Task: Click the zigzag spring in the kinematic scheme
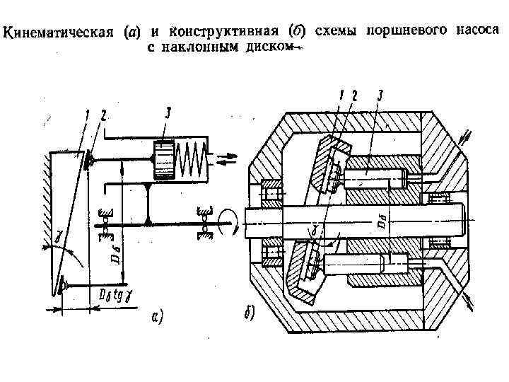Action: (x=192, y=158)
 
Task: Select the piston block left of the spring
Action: (x=165, y=159)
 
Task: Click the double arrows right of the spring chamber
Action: (x=224, y=159)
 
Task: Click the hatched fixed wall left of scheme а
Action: (x=45, y=212)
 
